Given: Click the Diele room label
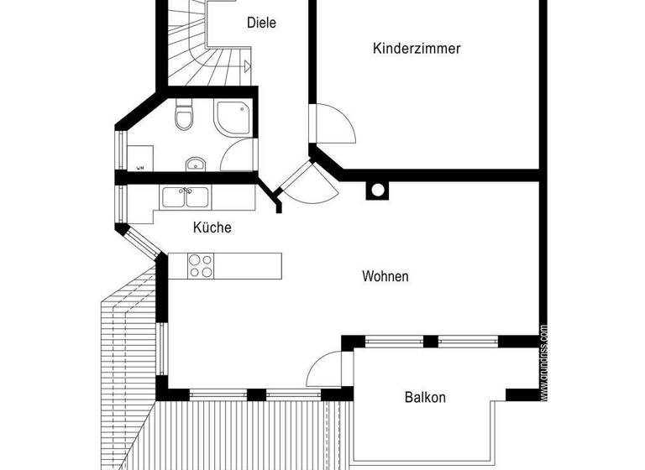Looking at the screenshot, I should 261,23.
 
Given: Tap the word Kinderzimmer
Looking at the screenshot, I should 417,49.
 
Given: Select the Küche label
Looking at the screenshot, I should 212,227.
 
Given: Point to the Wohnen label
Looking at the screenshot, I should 385,275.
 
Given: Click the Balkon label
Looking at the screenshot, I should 425,397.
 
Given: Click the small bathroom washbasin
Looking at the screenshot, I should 194,163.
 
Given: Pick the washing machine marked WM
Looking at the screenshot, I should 139,159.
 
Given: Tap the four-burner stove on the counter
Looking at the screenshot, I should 200,265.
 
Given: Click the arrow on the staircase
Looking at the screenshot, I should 246,65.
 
